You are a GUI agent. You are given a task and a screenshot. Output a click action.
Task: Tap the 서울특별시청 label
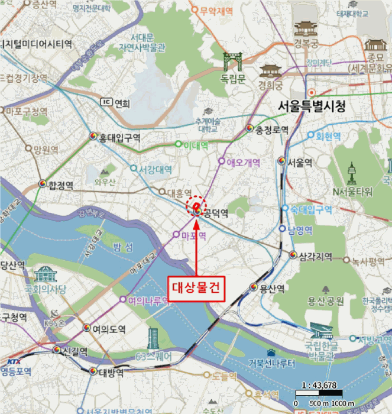pyautogui.click(x=312, y=106)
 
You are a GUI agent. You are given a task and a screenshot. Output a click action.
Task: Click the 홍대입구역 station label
pyautogui.click(x=119, y=138)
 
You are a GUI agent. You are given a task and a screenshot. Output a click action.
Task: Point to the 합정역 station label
pyautogui.click(x=60, y=185)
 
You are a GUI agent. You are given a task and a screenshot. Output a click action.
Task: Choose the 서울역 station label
pyautogui.click(x=300, y=163)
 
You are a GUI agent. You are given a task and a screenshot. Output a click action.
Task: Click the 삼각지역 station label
pyautogui.click(x=316, y=256)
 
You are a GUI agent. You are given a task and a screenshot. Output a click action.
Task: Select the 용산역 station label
pyautogui.click(x=272, y=289)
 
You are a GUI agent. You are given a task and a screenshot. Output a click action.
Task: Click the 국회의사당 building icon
pyautogui.click(x=45, y=274)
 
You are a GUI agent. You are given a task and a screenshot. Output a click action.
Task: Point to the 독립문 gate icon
pyautogui.click(x=233, y=61)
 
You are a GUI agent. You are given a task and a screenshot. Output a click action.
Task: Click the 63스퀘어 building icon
pyautogui.click(x=154, y=339)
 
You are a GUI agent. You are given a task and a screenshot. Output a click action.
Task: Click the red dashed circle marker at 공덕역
pyautogui.click(x=195, y=205)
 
